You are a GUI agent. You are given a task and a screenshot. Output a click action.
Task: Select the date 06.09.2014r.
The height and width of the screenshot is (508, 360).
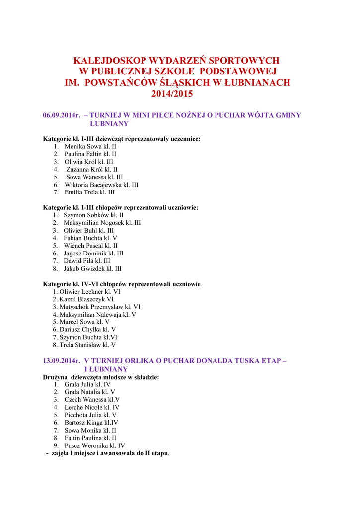coord(62,115)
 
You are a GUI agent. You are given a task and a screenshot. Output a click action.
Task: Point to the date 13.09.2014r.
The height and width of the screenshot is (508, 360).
coord(62,361)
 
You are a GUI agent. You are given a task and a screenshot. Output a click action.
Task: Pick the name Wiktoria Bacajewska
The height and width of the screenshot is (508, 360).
coord(93,185)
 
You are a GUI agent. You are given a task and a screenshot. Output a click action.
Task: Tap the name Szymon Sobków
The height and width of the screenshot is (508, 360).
coord(85,215)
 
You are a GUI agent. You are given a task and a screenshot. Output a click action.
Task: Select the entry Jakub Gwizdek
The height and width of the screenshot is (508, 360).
coord(83,269)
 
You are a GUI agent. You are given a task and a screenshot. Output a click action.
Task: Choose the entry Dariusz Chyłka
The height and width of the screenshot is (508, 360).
coord(80,329)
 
